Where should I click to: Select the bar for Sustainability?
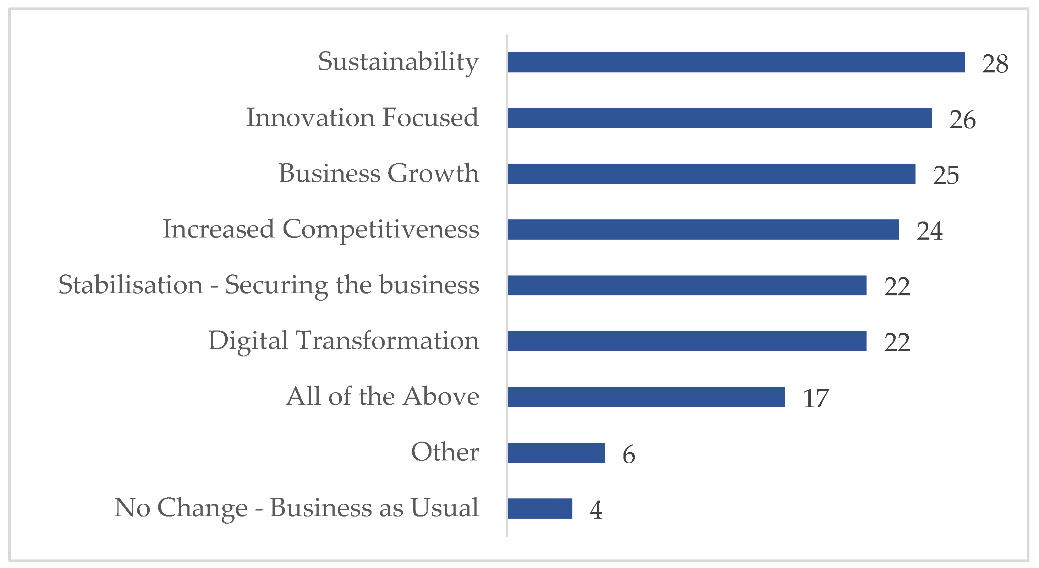point(736,62)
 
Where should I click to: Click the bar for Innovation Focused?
point(720,118)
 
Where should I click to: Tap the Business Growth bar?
point(711,174)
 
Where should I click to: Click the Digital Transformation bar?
point(687,341)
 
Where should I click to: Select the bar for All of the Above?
point(646,397)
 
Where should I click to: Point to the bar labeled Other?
point(556,452)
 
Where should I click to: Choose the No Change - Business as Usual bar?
point(540,508)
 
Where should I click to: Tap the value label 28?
point(995,64)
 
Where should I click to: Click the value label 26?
point(962,119)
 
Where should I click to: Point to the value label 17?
point(815,398)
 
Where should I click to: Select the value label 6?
point(629,454)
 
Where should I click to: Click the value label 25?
point(946,175)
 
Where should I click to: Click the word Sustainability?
point(398,62)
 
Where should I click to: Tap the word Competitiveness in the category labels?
point(381,229)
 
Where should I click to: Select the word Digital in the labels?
point(248,341)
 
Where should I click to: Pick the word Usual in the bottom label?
point(445,508)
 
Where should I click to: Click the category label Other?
point(445,452)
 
